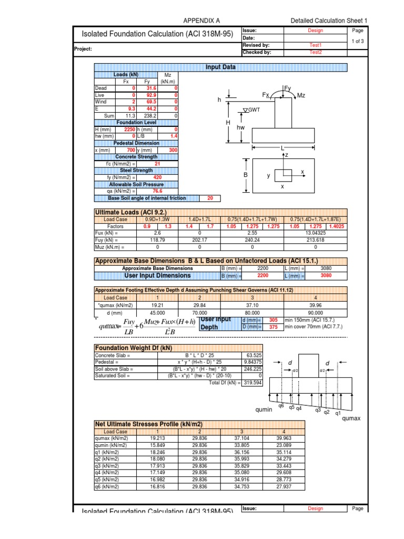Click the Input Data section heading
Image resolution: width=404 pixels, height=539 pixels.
point(220,67)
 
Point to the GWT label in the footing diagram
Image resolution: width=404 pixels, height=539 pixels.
point(254,109)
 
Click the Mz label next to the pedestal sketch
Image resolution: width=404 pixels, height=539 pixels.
point(301,95)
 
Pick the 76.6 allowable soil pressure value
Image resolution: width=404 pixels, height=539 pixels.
point(157,191)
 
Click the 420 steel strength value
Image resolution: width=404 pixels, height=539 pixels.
point(157,177)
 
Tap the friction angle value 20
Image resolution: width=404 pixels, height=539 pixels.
point(210,198)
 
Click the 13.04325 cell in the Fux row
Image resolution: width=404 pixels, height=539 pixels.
point(315,232)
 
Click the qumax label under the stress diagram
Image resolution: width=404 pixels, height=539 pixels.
point(352,418)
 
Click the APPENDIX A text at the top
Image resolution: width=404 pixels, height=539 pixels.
point(201,21)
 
